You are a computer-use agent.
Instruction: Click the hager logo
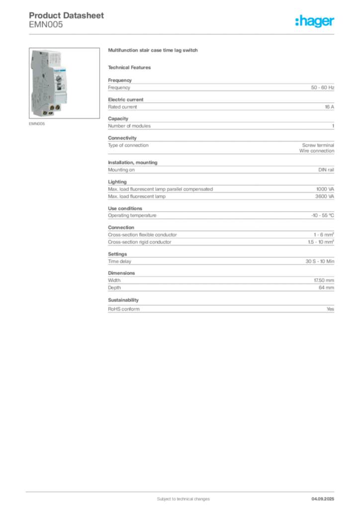pos(315,21)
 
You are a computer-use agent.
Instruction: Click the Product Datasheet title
pos(66,15)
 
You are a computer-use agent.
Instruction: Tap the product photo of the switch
pos(64,83)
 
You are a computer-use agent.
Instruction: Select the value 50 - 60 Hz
pos(322,87)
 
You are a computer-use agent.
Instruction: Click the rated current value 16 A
pos(330,107)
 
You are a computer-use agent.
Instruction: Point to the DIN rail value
pos(326,170)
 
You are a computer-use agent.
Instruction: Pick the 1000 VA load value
pos(325,189)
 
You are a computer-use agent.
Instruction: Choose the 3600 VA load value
pos(325,196)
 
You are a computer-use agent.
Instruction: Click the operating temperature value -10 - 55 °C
pos(323,216)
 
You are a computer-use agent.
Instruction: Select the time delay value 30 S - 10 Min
pos(320,261)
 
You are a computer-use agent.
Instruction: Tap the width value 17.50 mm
pos(324,280)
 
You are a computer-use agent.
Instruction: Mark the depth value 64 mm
pos(326,288)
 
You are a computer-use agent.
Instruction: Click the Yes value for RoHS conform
pos(330,309)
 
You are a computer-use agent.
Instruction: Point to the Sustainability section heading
pos(123,300)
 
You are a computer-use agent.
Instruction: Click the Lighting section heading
pos(117,182)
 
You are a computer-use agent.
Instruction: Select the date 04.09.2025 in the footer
pos(323,499)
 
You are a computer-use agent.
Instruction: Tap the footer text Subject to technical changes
pos(183,499)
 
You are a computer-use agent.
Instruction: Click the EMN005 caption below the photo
pos(37,124)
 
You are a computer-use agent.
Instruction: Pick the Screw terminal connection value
pos(318,145)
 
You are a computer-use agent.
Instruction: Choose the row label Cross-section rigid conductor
pos(140,242)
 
